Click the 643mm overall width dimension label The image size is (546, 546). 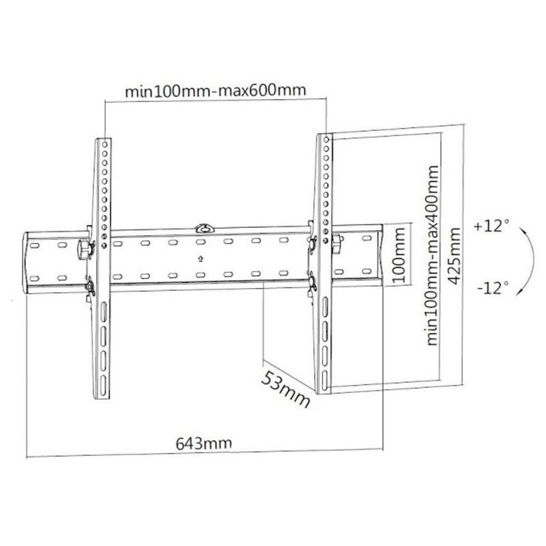tap(204, 442)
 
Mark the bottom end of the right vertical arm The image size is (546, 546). tap(323, 390)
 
